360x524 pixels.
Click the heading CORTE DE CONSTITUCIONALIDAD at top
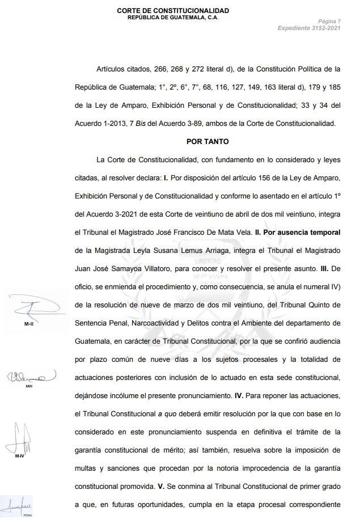click(173, 11)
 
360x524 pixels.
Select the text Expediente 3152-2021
click(309, 28)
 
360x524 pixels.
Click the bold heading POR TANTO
click(207, 141)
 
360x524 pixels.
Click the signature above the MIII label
click(31, 375)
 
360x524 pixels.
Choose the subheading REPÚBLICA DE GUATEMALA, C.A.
click(173, 18)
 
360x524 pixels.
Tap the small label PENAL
click(27, 516)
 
